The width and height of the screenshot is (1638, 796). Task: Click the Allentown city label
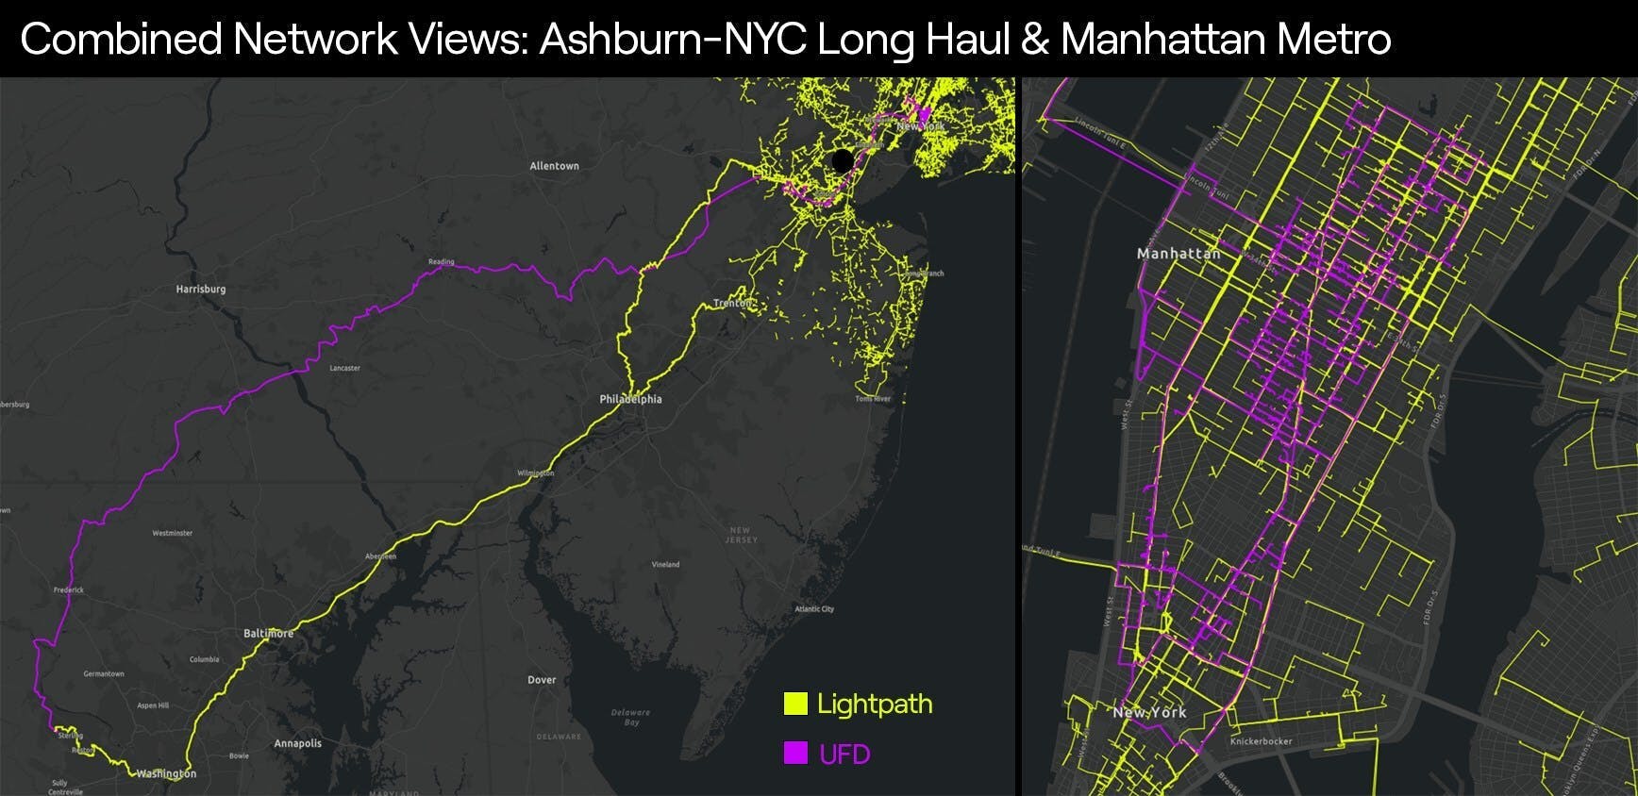[x=554, y=166]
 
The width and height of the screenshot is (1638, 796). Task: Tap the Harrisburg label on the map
[x=201, y=290]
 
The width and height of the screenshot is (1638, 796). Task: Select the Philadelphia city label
[x=630, y=399]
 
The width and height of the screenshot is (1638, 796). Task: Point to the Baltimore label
[x=268, y=633]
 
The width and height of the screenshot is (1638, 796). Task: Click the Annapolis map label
[x=297, y=743]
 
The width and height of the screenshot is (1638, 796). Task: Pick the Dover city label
[x=542, y=680]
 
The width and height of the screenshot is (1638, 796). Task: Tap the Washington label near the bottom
[x=167, y=773]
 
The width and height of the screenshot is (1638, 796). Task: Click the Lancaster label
[x=344, y=369]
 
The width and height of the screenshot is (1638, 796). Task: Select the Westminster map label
[x=173, y=534]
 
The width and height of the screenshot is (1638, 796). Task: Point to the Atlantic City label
[x=814, y=609]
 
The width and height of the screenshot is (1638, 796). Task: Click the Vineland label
[x=665, y=565]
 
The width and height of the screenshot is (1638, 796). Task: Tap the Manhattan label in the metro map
[x=1178, y=254]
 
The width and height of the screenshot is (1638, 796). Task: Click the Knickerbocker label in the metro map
[x=1261, y=741]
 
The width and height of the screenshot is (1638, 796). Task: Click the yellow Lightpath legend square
[x=795, y=704]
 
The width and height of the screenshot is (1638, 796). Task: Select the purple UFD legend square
[x=795, y=753]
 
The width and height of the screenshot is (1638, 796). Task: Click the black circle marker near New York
[x=843, y=160]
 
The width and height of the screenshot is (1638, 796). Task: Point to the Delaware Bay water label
[x=630, y=717]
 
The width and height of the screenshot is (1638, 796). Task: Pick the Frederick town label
[x=69, y=590]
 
